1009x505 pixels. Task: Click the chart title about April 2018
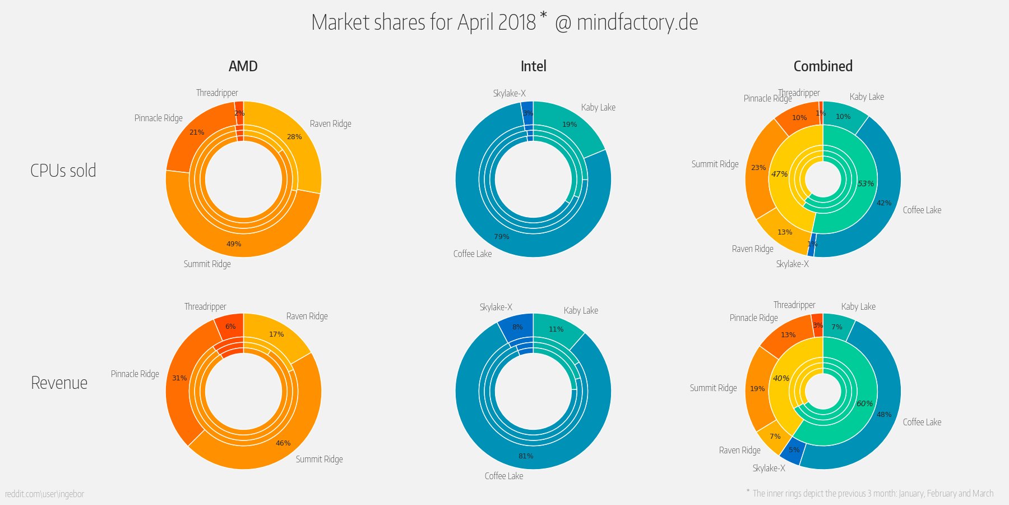click(504, 23)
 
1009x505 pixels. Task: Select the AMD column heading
click(243, 66)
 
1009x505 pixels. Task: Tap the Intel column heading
click(533, 66)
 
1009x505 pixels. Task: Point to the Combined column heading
click(822, 66)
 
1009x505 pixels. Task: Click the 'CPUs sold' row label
click(63, 171)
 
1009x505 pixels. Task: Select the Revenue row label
click(59, 383)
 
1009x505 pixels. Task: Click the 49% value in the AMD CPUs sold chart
click(234, 244)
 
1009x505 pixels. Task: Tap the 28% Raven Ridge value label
click(294, 137)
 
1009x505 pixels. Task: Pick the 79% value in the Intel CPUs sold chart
click(502, 237)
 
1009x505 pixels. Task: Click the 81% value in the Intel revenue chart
click(526, 456)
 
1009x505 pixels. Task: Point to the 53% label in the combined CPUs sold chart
click(865, 183)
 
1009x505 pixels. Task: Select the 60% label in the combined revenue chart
click(864, 403)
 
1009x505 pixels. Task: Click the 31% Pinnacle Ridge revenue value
click(179, 378)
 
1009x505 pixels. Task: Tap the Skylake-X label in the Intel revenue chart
click(496, 307)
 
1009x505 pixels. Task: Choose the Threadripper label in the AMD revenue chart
click(205, 307)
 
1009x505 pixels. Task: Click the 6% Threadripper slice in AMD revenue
click(230, 327)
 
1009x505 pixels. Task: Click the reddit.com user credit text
click(44, 494)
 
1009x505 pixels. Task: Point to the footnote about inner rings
click(872, 493)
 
